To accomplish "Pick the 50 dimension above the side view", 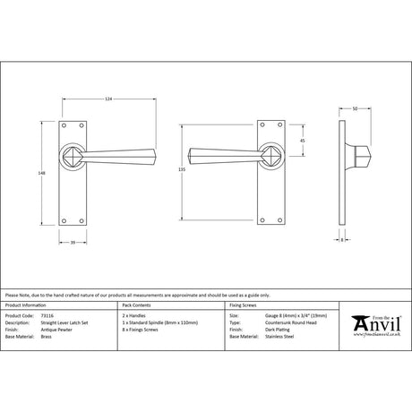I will click(356, 107).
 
